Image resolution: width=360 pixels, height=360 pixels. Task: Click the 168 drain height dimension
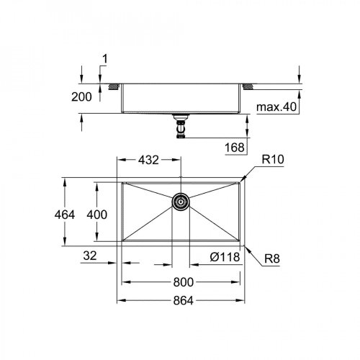[x=235, y=147]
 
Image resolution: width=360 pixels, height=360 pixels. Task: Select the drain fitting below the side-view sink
[x=180, y=127]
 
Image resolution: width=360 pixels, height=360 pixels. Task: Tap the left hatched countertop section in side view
[x=112, y=87]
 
